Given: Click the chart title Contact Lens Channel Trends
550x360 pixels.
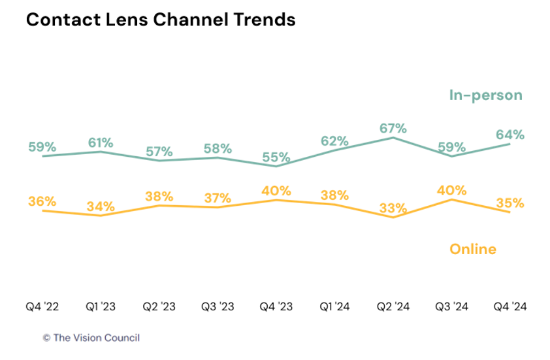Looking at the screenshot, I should (x=161, y=20).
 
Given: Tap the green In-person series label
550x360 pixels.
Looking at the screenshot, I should (x=485, y=95).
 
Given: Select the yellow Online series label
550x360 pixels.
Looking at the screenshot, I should (x=473, y=249).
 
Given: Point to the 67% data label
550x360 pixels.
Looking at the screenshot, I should (x=393, y=127).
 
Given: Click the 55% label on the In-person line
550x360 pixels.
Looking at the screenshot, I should (x=276, y=157).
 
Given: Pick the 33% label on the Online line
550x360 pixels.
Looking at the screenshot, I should (x=393, y=209).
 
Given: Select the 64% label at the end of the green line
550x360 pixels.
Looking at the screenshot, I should (x=510, y=135).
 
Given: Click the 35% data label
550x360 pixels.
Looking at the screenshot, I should (x=510, y=203).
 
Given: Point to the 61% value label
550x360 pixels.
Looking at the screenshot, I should (x=101, y=142).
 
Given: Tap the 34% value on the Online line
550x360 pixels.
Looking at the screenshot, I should (x=101, y=207).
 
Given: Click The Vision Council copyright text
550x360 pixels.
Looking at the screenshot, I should (x=91, y=338).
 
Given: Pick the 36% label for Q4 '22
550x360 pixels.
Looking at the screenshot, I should (x=42, y=202).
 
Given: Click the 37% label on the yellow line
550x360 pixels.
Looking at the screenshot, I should (x=218, y=198).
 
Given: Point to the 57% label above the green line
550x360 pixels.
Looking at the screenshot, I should (x=159, y=151).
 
